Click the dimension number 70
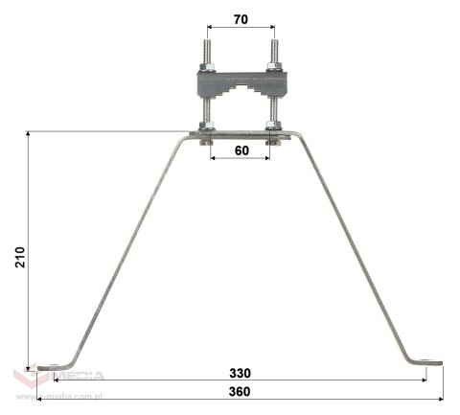239,18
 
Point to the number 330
240,372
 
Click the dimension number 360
240,392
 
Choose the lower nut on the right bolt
274,127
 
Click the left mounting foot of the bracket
49,363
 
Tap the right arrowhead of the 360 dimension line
442,399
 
